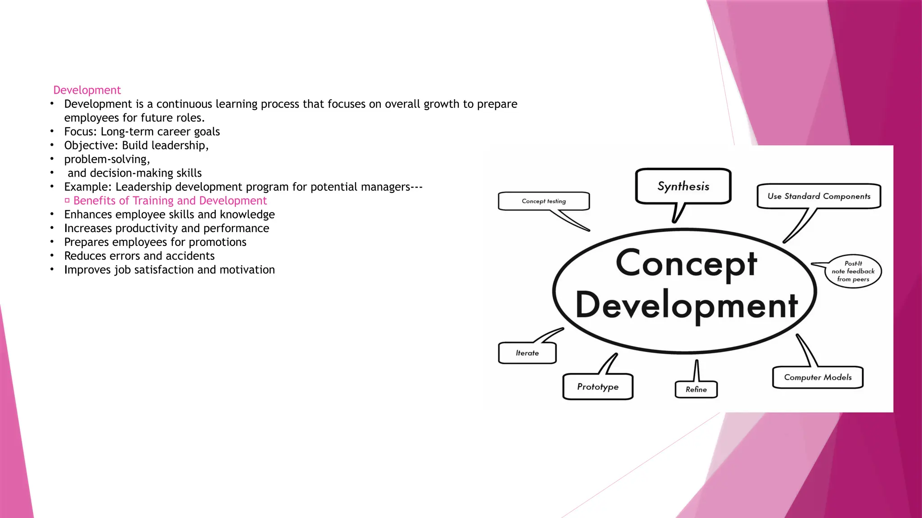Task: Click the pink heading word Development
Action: [87, 90]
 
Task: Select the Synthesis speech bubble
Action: [683, 186]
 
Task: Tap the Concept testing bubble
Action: [543, 201]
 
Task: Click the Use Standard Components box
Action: [818, 196]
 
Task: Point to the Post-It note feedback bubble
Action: [853, 271]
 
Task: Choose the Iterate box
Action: [527, 353]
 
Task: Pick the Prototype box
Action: [598, 387]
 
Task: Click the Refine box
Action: [696, 389]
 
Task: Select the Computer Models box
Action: [818, 377]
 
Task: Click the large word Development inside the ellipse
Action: [686, 305]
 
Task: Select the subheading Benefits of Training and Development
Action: [170, 201]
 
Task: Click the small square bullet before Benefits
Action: [67, 201]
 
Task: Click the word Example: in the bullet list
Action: [88, 187]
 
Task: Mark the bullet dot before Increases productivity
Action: [52, 228]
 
